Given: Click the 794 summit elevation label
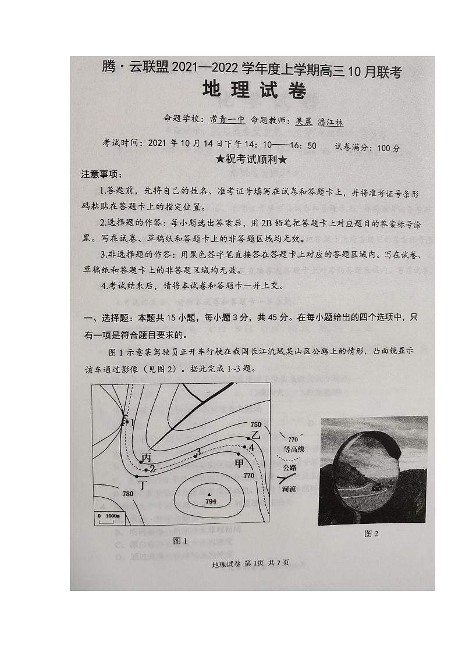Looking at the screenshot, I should [211, 501].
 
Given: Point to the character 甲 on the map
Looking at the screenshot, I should [239, 463].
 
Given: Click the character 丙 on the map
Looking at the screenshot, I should [146, 458].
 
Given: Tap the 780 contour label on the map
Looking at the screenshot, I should [128, 494].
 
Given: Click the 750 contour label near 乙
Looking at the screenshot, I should [255, 424].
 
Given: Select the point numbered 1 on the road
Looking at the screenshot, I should [132, 423].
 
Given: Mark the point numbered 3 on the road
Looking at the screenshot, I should [198, 452].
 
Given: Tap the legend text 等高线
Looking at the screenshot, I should [294, 449].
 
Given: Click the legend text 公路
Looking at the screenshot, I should [289, 468].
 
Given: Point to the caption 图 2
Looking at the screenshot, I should [371, 533].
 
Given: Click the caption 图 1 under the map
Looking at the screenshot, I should [180, 541].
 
